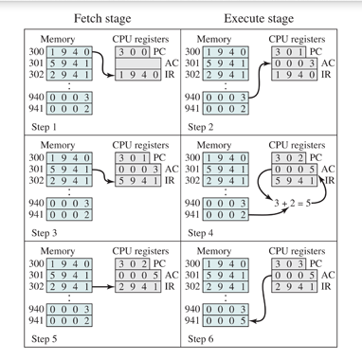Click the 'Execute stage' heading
pos(259,18)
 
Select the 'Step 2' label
pos(206,126)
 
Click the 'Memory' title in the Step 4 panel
pos(219,144)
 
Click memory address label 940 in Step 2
pos(193,98)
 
